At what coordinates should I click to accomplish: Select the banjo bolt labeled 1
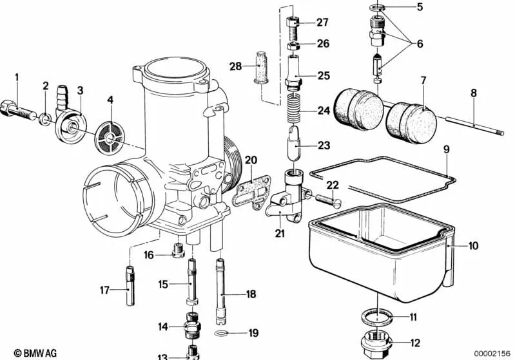pos(19,109)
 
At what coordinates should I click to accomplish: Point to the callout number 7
pos(423,81)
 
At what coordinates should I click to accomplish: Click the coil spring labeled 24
pos(296,109)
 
